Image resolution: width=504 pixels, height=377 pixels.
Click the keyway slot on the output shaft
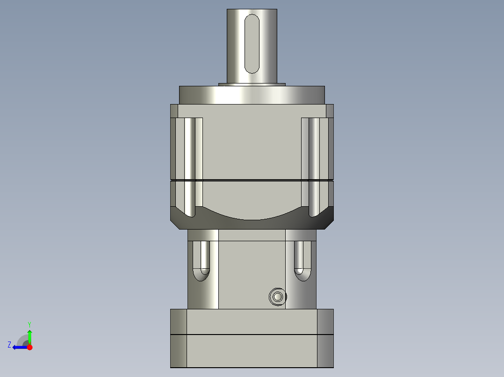252,43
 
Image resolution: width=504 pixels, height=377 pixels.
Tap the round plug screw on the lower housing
278,297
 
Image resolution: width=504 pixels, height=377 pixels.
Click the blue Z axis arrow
19,347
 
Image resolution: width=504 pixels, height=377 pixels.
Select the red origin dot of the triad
29,347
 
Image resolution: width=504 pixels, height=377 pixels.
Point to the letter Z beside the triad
9,344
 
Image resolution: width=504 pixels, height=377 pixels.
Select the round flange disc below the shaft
252,95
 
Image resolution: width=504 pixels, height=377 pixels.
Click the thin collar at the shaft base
252,84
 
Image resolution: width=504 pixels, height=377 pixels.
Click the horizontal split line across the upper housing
252,180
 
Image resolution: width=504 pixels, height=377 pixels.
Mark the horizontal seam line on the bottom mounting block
252,335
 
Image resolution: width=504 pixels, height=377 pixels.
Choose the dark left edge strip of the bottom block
178,338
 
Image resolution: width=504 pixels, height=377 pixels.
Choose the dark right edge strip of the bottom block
325,338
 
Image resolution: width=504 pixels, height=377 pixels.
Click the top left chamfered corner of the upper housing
174,111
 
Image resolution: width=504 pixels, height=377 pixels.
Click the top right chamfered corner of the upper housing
330,111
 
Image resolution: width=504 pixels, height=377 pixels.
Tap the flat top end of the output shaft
252,10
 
